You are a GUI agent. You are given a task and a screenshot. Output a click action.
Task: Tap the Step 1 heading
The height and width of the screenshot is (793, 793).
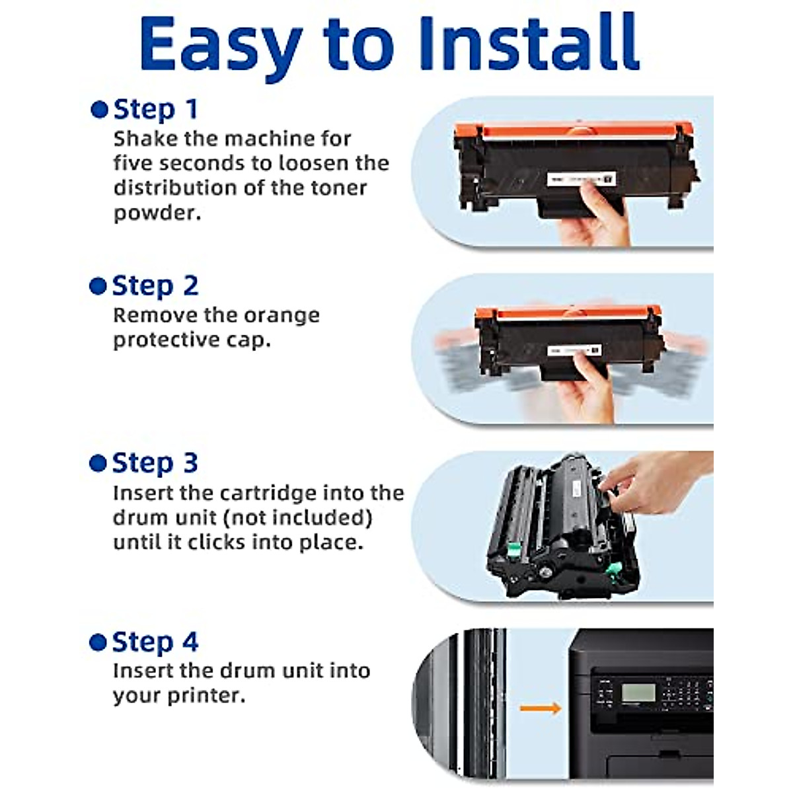point(155,110)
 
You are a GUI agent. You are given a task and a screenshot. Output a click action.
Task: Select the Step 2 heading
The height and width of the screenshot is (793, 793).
point(155,285)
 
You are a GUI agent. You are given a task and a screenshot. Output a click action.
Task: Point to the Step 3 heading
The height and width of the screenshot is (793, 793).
point(155,463)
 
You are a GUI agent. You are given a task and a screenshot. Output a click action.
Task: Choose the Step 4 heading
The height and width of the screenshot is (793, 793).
point(155,642)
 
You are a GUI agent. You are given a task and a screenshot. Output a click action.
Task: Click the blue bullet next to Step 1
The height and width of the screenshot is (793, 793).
point(99,110)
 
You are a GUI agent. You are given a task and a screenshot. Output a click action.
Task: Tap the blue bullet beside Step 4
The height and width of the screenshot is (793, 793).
point(98,642)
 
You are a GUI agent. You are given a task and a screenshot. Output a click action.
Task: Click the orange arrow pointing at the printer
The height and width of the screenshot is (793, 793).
point(541,708)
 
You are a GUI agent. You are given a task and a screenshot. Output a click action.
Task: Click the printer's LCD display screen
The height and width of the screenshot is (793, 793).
point(638,693)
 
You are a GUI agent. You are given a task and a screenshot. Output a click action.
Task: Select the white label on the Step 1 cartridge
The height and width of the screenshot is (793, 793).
point(581,179)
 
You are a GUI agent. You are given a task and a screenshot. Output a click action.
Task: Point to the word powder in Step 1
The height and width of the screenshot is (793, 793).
point(157,213)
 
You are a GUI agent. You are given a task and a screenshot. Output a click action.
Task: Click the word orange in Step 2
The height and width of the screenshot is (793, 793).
point(282,317)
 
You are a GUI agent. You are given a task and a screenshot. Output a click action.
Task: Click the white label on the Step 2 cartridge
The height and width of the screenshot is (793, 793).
point(574,351)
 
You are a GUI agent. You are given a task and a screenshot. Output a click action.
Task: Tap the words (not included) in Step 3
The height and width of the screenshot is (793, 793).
point(297,517)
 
